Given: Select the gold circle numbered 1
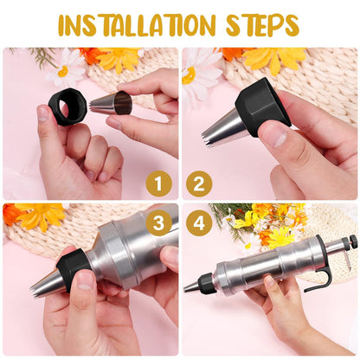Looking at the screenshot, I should [157, 183].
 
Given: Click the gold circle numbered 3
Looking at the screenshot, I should [157, 223].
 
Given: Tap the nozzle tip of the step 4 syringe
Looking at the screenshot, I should [190, 286].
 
